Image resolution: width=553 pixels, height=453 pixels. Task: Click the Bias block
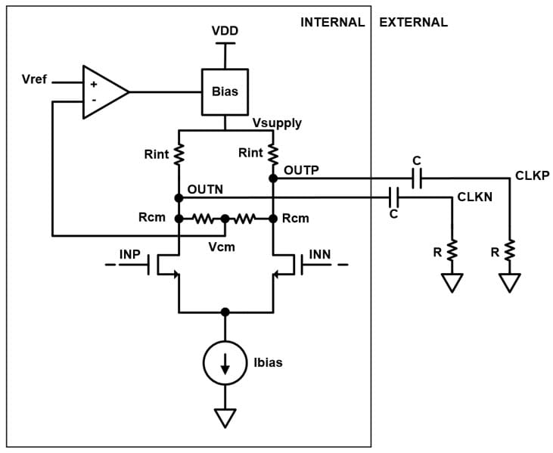[x=225, y=92]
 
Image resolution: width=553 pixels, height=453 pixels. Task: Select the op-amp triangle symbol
[x=103, y=92]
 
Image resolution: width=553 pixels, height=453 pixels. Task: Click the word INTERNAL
[x=332, y=22]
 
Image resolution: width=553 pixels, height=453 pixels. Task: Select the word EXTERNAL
[x=413, y=22]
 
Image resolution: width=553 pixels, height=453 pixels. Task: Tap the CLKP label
[x=532, y=175]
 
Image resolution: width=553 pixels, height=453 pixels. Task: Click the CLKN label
[x=475, y=197]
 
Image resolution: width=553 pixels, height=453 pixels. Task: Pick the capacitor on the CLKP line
[x=416, y=178]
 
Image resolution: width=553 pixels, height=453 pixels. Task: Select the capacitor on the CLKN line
[x=393, y=197]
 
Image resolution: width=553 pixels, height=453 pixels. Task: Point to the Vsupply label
[x=277, y=123]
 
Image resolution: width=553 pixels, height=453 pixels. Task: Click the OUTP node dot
[x=272, y=178]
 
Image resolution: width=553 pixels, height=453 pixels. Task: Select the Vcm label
[x=223, y=247]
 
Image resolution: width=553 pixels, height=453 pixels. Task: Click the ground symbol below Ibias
[x=225, y=417]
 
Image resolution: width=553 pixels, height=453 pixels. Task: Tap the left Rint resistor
[x=179, y=154]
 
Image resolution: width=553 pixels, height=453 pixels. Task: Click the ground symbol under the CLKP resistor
[x=510, y=283]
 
